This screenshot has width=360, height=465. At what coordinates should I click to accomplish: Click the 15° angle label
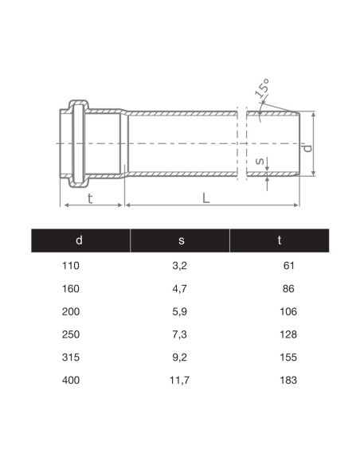tap(262, 88)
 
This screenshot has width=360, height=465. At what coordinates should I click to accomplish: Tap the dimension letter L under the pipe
tap(205, 198)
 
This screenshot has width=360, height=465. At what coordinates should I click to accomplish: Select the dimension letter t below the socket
tap(90, 198)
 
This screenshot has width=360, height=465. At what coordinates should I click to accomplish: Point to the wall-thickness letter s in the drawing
tap(260, 161)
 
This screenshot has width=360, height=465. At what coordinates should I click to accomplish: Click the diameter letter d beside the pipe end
tap(307, 148)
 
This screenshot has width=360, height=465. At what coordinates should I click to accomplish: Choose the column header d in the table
tap(79, 240)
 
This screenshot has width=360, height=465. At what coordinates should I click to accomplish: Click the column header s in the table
tap(181, 240)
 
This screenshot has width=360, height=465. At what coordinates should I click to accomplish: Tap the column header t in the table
tap(280, 240)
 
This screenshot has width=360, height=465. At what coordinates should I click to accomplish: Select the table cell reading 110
tap(71, 265)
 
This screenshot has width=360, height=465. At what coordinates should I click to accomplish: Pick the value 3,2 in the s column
tap(180, 266)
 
